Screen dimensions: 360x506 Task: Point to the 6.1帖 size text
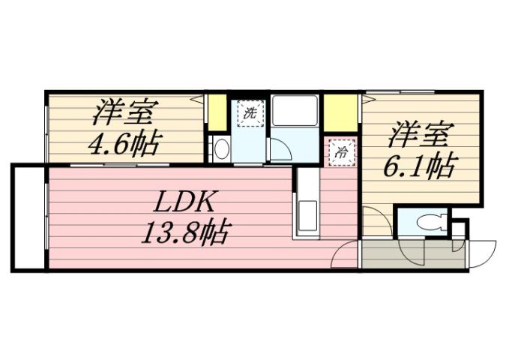420,166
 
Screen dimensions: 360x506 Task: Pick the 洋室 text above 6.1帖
420,137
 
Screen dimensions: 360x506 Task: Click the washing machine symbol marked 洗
250,115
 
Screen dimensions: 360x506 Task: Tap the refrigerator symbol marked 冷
341,151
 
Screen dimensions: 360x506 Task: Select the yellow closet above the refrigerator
340,112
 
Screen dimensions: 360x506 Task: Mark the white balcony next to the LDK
29,217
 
